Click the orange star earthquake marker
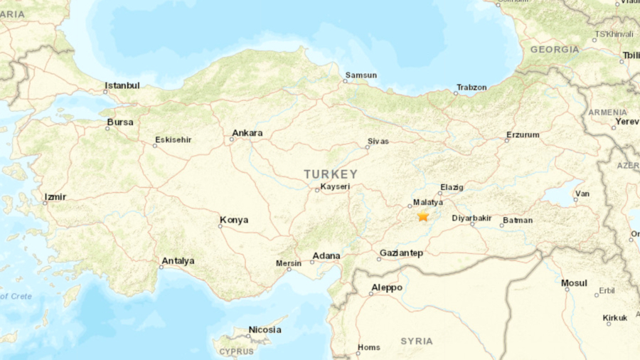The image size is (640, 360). click(423, 216)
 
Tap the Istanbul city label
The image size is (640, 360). click(122, 85)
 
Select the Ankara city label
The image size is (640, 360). click(247, 133)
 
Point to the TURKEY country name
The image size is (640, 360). click(331, 174)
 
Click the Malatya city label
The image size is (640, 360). click(427, 202)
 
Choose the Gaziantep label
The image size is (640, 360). click(402, 253)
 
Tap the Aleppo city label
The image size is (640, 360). click(387, 287)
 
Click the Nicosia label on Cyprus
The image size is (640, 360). click(265, 329)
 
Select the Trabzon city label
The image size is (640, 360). click(471, 87)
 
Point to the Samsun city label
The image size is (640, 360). click(361, 75)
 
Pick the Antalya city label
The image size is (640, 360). click(178, 261)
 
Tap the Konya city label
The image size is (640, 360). click(234, 220)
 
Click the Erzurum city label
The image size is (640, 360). click(523, 134)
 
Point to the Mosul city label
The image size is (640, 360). click(574, 283)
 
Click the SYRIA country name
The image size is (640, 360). click(417, 342)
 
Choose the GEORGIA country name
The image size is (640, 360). click(555, 50)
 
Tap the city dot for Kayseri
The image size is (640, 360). click(318, 190)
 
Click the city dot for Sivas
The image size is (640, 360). click(368, 147)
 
